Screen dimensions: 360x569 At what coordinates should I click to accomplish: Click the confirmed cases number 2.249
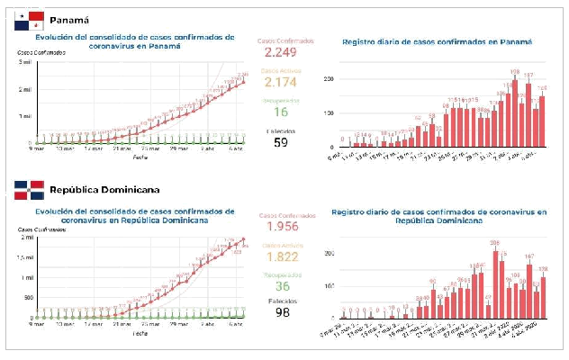[x=281, y=56]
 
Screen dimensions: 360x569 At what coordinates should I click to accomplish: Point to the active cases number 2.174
[x=281, y=83]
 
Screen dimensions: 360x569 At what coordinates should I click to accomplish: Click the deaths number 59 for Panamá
[x=281, y=142]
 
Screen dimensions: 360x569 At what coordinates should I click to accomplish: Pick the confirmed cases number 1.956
[x=281, y=229]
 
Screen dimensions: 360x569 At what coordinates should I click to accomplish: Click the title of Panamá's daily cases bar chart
[x=438, y=42]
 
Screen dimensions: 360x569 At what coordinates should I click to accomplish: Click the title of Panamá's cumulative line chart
[x=135, y=42]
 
